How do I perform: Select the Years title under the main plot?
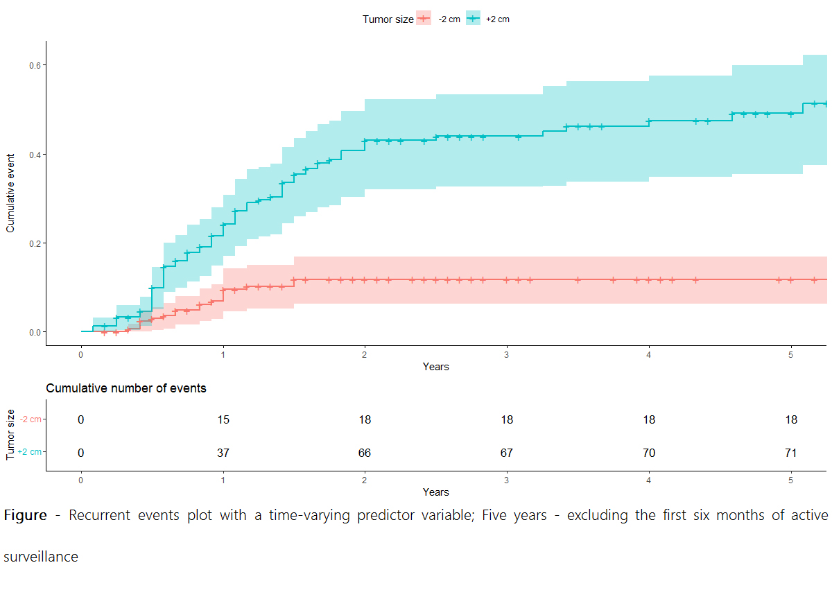pos(436,367)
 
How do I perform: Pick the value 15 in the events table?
pos(223,420)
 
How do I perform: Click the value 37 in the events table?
pos(223,453)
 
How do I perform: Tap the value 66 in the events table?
pos(365,453)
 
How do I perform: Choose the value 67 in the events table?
pos(507,453)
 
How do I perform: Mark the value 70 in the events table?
pos(649,453)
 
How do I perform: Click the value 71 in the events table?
pos(790,453)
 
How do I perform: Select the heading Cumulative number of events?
pos(126,388)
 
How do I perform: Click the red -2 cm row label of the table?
pos(31,419)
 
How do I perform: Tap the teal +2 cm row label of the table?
pos(31,452)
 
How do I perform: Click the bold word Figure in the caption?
pos(26,516)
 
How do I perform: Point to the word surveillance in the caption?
pos(41,557)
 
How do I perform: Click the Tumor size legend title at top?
pos(388,19)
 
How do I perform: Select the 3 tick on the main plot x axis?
pos(507,352)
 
